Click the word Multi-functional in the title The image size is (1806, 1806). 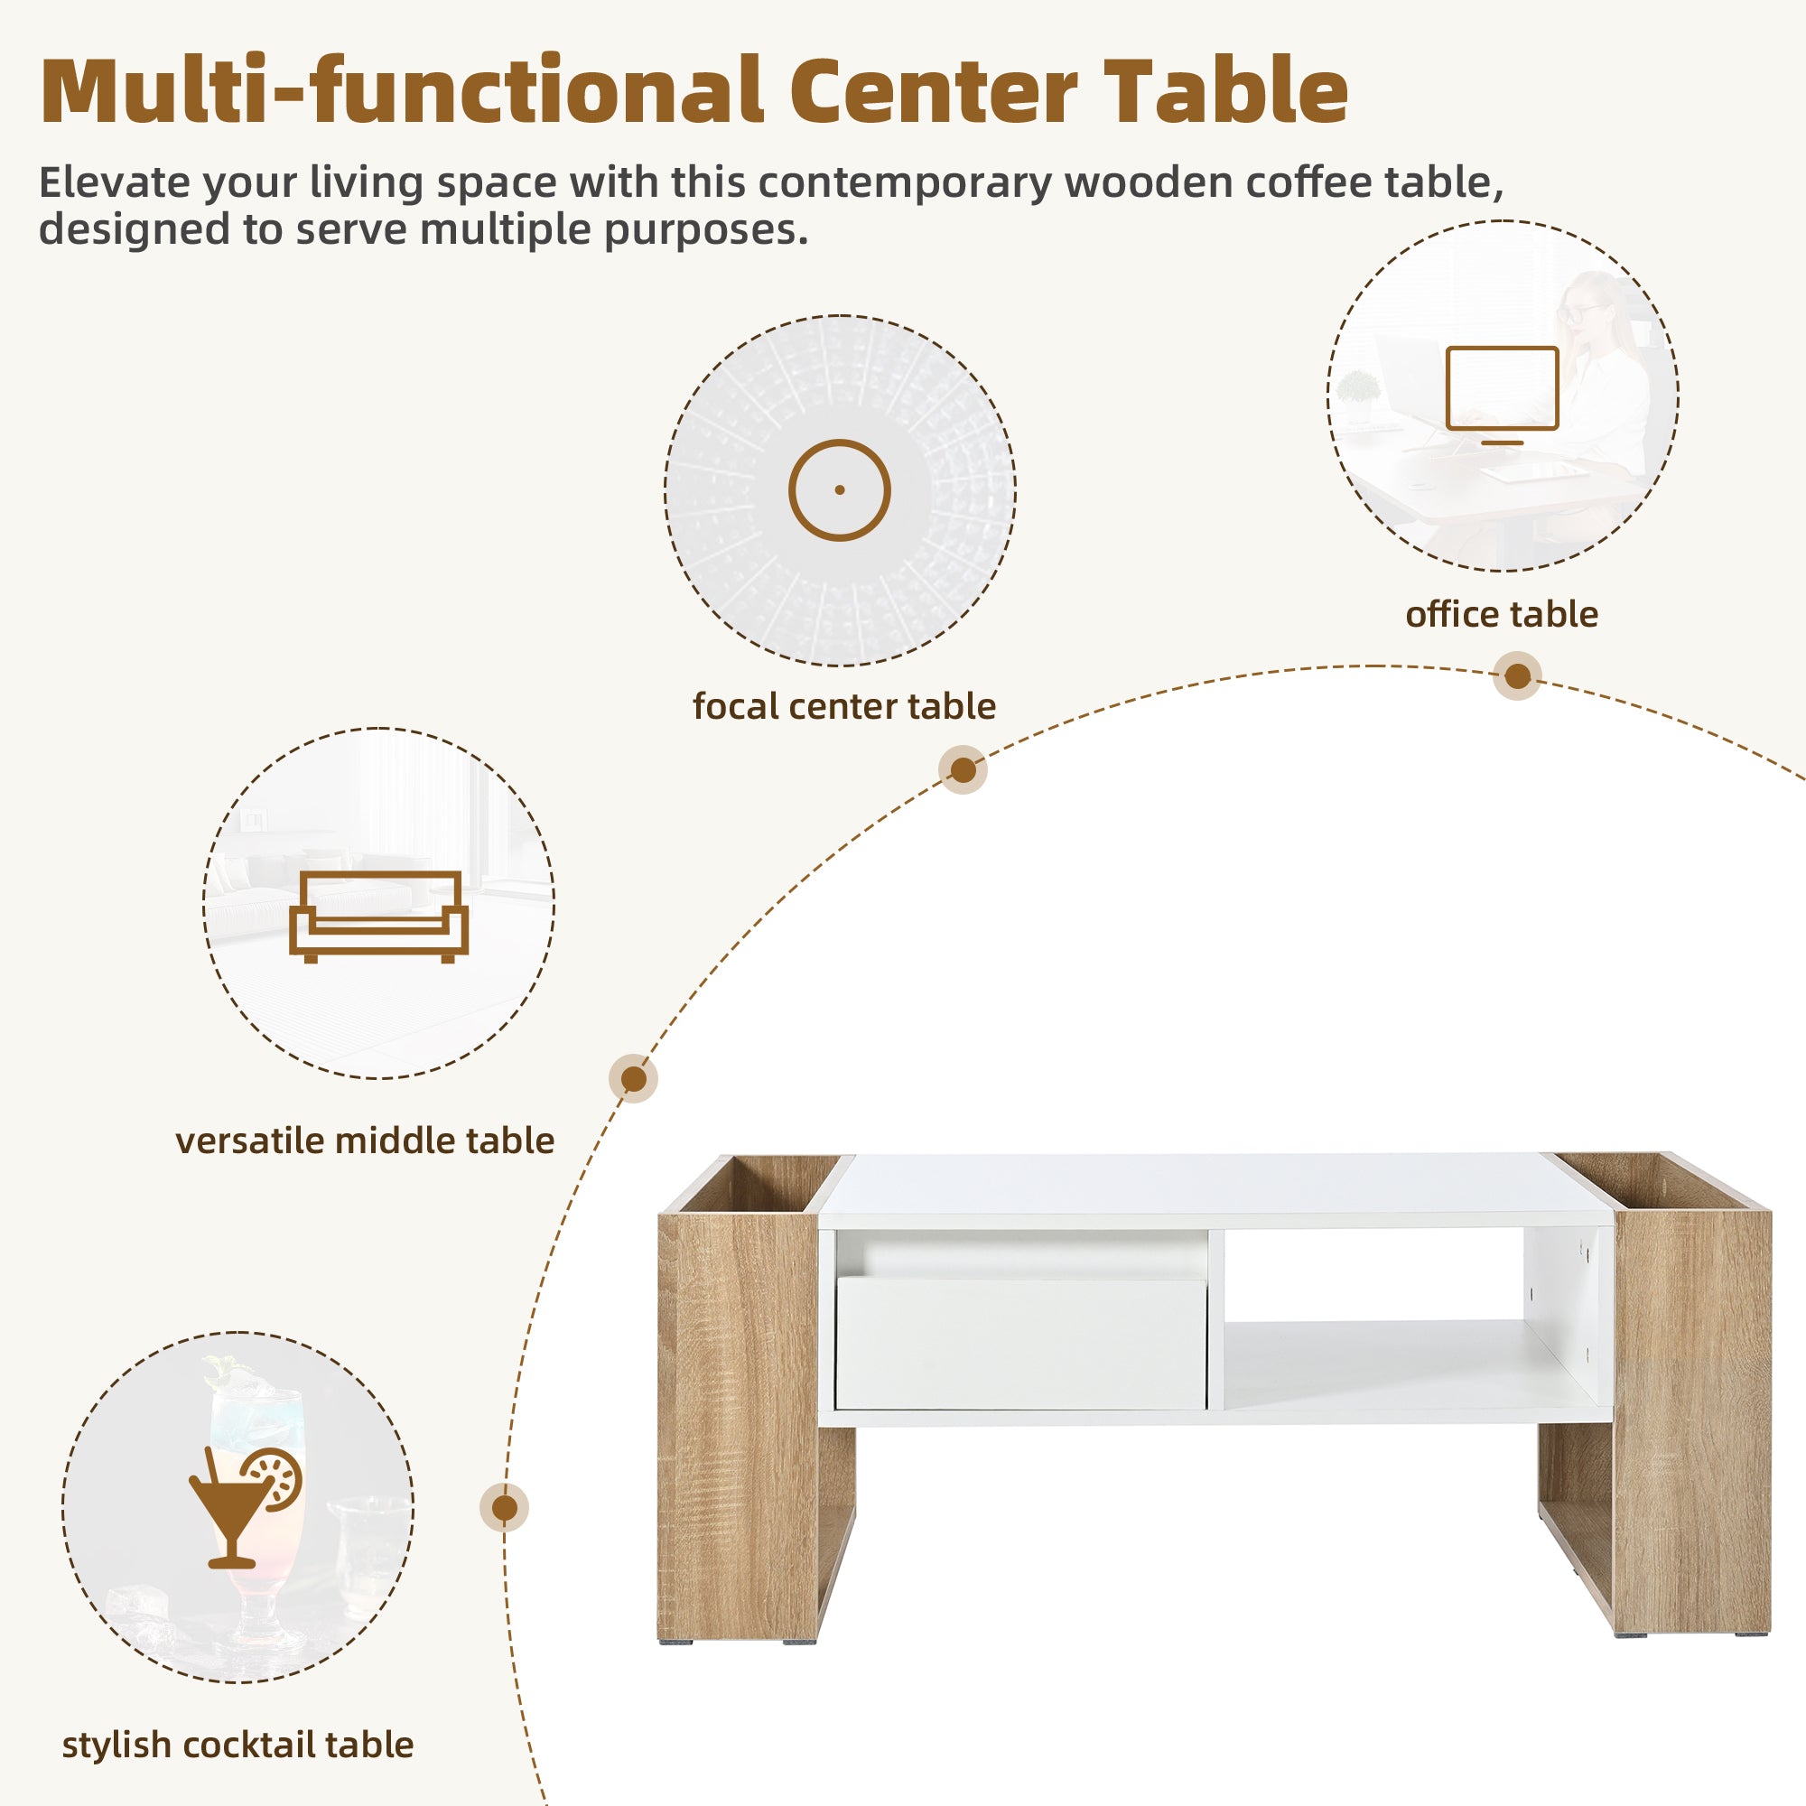click(x=402, y=91)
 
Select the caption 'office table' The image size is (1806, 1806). click(x=1502, y=614)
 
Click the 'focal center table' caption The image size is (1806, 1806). click(x=843, y=706)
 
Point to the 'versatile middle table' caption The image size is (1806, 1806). click(x=365, y=1140)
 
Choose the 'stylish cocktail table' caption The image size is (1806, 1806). click(x=237, y=1745)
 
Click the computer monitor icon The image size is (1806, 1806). click(x=1502, y=393)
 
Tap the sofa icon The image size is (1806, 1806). click(x=377, y=916)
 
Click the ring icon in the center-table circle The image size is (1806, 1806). click(x=839, y=489)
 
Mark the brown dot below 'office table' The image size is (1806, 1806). click(x=1517, y=675)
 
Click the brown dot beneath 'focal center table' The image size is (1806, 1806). click(x=962, y=769)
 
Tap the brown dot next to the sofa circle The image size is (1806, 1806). click(x=633, y=1079)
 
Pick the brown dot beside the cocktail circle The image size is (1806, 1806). click(x=504, y=1507)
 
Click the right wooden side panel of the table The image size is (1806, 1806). click(x=1692, y=1420)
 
